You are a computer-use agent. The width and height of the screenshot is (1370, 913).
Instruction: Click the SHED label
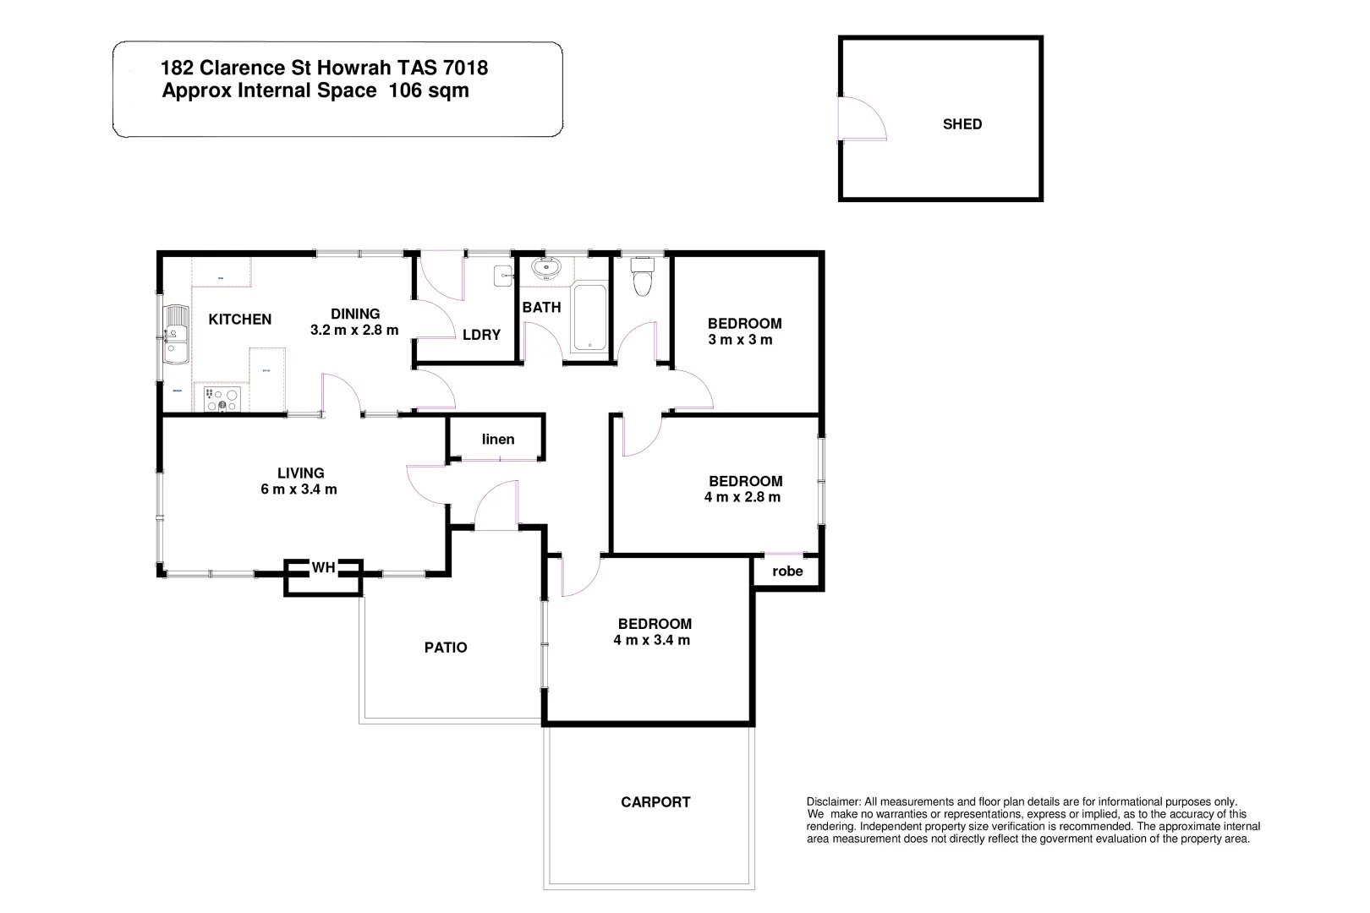pyautogui.click(x=962, y=124)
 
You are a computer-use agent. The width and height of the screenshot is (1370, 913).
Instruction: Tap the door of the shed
pyautogui.click(x=860, y=119)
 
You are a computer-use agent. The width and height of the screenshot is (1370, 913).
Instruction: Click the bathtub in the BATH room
pyautogui.click(x=589, y=318)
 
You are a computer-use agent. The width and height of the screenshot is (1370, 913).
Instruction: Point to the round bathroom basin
pyautogui.click(x=545, y=269)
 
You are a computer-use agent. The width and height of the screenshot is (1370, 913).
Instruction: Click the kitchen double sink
pyautogui.click(x=177, y=336)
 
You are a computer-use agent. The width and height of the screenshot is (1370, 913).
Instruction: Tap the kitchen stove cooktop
pyautogui.click(x=222, y=398)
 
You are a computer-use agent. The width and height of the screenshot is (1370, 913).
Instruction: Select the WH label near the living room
pyautogui.click(x=323, y=568)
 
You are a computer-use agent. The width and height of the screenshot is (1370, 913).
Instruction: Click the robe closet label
pyautogui.click(x=787, y=571)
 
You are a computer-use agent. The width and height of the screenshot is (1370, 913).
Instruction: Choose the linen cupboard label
pyautogui.click(x=498, y=439)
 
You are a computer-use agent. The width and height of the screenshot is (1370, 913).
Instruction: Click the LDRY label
pyautogui.click(x=481, y=335)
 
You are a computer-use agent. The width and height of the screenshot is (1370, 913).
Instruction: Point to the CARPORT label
pyautogui.click(x=655, y=802)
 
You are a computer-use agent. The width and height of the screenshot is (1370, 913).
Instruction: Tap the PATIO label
pyautogui.click(x=446, y=648)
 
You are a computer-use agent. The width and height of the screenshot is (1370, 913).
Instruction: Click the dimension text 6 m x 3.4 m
pyautogui.click(x=299, y=489)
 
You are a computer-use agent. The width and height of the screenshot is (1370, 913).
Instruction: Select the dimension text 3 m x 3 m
pyautogui.click(x=740, y=340)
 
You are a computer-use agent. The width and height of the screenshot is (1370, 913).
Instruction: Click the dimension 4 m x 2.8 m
pyautogui.click(x=742, y=497)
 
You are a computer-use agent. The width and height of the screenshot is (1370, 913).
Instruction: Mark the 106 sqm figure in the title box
pyautogui.click(x=428, y=91)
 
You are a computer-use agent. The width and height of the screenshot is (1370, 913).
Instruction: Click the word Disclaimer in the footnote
pyautogui.click(x=833, y=801)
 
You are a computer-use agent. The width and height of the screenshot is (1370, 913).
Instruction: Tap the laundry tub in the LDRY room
pyautogui.click(x=503, y=274)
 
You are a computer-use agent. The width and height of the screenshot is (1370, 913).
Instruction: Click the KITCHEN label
pyautogui.click(x=240, y=319)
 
